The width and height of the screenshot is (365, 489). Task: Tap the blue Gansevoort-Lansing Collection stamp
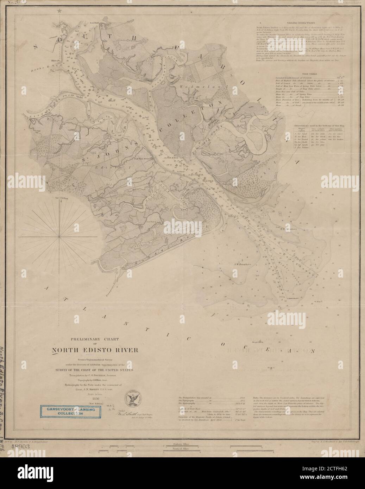(69, 411)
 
